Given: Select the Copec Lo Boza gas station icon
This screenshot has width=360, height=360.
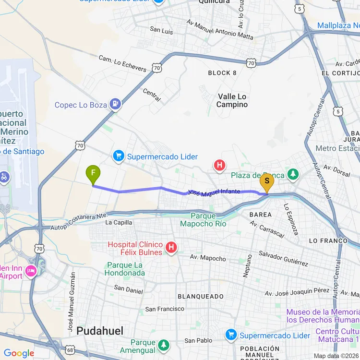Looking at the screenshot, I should (x=115, y=104).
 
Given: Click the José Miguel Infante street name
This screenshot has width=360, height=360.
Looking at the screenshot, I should (x=214, y=192).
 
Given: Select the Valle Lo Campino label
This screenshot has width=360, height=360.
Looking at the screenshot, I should (x=232, y=100).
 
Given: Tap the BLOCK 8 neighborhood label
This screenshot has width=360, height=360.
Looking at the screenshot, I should (x=222, y=72).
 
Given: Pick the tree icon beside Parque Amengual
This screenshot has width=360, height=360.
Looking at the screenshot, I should (x=164, y=345).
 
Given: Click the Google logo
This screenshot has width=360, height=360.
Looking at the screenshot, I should (x=19, y=353).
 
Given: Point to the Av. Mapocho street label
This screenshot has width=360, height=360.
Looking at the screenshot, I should (x=208, y=258).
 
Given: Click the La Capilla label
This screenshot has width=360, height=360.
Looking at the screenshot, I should (x=118, y=222).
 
